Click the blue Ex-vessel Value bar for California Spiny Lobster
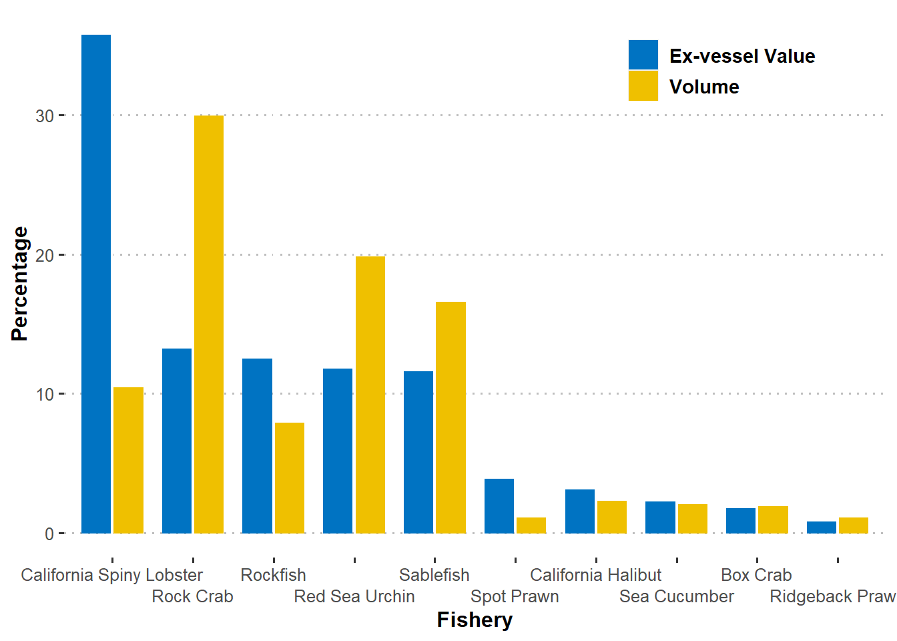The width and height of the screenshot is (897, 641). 96,284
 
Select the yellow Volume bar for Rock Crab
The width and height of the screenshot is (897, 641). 209,325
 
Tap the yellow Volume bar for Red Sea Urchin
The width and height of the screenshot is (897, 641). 370,395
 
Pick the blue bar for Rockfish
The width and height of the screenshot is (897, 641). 257,446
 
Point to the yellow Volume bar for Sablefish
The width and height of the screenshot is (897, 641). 451,417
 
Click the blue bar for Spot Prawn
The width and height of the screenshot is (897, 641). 499,506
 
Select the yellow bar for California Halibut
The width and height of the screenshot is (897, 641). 612,517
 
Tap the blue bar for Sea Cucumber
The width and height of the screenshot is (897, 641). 660,517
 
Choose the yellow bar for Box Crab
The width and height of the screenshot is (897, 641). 773,519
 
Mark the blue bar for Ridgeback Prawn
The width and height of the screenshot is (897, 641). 821,527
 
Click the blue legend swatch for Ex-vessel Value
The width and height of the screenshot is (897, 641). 643,55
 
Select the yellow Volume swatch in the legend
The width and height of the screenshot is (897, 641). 643,86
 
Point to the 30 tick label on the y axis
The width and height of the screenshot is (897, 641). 45,116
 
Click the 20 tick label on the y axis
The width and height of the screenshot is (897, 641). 45,255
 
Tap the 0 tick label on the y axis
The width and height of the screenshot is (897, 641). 49,533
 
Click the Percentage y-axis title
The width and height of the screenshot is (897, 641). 20,284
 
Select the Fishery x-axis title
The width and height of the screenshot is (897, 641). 475,620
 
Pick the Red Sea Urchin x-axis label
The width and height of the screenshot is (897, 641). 354,596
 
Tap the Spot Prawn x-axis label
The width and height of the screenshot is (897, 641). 515,596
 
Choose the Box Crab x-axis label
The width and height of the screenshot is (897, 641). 756,575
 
